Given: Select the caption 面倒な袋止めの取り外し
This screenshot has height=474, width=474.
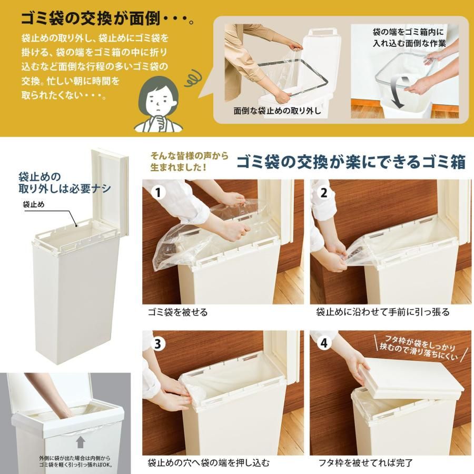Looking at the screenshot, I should pyautogui.click(x=278, y=111).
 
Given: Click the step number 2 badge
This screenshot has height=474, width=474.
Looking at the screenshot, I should pyautogui.click(x=323, y=192).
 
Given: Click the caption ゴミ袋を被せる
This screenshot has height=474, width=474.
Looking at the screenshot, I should pyautogui.click(x=177, y=312).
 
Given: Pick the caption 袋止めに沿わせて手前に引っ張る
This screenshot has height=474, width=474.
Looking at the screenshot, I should pyautogui.click(x=383, y=312).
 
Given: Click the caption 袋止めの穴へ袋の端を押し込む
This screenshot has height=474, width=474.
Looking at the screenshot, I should pyautogui.click(x=209, y=463).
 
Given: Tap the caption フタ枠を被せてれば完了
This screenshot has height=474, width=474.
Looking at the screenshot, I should pyautogui.click(x=366, y=463).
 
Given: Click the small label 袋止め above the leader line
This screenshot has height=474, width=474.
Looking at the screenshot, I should pyautogui.click(x=33, y=204).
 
